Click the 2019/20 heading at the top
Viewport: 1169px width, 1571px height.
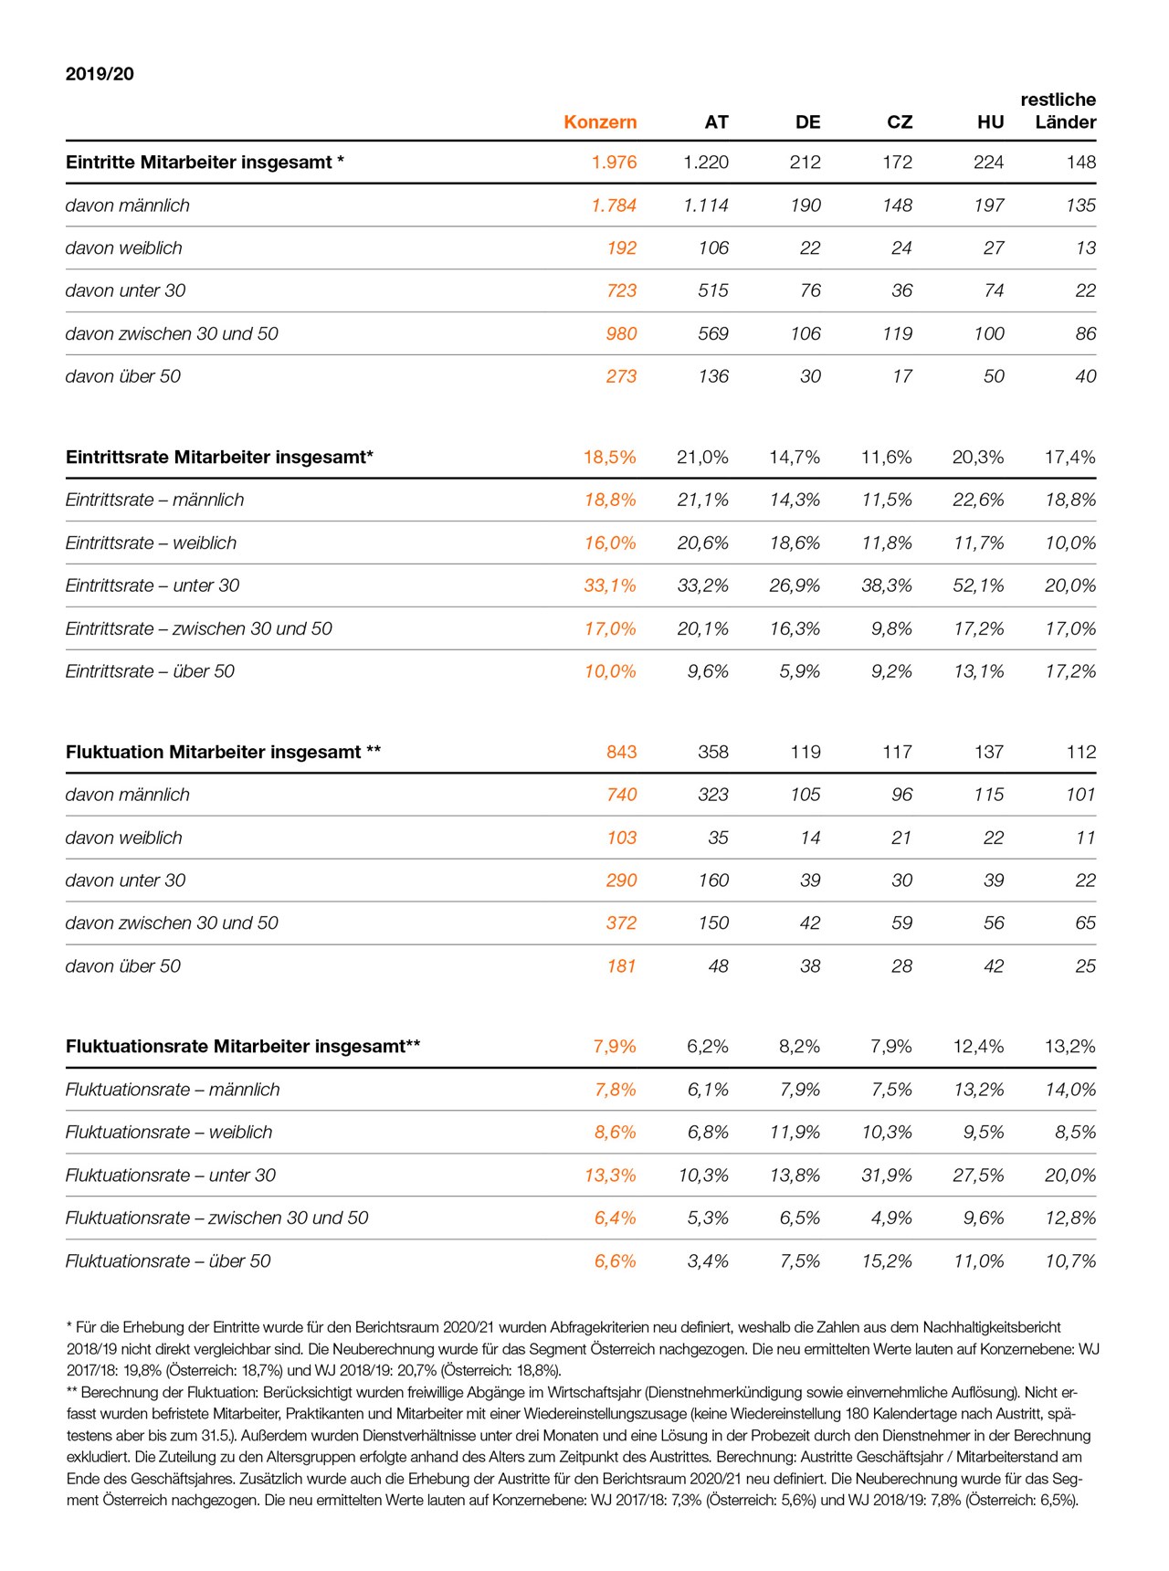click(x=100, y=74)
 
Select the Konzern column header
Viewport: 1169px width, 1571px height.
click(x=600, y=122)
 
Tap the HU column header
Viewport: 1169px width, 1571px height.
click(x=990, y=122)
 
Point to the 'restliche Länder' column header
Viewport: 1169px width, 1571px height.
click(x=1058, y=111)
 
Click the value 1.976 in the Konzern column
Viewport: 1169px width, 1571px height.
click(x=614, y=163)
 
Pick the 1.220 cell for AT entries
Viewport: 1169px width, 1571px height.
click(x=706, y=163)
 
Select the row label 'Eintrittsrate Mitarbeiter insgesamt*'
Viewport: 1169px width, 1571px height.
click(x=219, y=458)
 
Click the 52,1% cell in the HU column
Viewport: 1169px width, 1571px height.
click(x=978, y=585)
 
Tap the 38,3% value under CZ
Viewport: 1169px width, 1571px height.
click(x=887, y=585)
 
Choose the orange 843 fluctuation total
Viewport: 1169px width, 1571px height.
click(x=621, y=753)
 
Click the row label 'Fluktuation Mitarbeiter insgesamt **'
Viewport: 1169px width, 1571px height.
click(x=223, y=753)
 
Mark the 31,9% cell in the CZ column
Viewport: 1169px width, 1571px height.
click(x=887, y=1176)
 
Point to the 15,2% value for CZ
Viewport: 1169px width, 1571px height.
click(x=887, y=1261)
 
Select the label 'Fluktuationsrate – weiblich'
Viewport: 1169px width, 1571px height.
click(x=169, y=1133)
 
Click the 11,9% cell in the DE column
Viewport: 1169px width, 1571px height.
click(x=795, y=1133)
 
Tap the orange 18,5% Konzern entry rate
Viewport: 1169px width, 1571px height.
click(x=610, y=458)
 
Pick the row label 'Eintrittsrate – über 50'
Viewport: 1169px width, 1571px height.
click(x=150, y=671)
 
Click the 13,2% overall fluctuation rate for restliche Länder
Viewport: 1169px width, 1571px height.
click(x=1069, y=1047)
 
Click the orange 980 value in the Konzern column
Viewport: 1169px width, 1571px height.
click(x=621, y=334)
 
